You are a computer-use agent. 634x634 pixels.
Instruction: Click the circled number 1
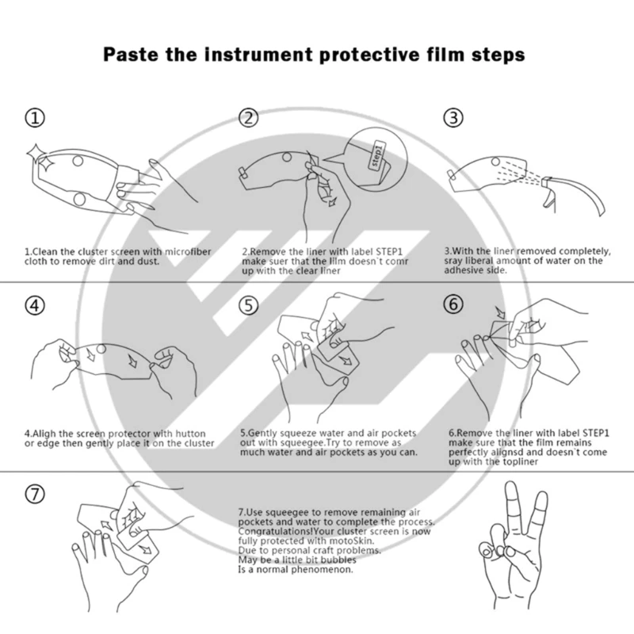[x=35, y=118]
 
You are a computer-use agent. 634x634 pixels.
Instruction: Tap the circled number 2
[x=248, y=118]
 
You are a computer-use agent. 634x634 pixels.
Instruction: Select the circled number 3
[x=453, y=117]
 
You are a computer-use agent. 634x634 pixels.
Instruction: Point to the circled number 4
[x=35, y=305]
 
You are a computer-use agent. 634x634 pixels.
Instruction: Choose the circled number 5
[x=248, y=305]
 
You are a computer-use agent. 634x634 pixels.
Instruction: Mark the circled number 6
[x=453, y=304]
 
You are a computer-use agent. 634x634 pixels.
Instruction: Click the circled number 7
[x=35, y=494]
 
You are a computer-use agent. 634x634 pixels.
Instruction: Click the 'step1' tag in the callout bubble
[x=377, y=155]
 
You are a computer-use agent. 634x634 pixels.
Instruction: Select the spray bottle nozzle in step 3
[x=547, y=183]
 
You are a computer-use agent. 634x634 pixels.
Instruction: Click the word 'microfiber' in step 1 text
[x=188, y=251]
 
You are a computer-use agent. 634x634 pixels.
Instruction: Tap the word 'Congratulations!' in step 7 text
[x=275, y=531]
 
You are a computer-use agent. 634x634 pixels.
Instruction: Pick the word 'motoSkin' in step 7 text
[x=354, y=540]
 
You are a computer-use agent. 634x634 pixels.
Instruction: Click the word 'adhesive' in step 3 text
[x=462, y=270]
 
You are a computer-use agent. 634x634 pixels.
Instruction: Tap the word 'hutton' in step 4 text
[x=190, y=433]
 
